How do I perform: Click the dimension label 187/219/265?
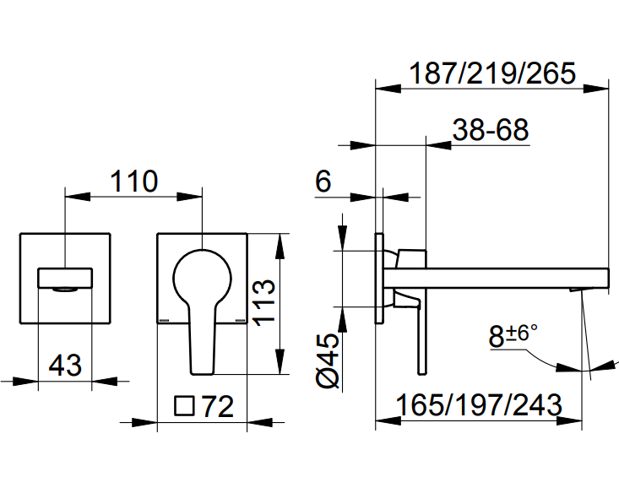491,73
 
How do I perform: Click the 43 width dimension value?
65,366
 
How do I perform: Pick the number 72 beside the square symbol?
216,407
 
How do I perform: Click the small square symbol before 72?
183,407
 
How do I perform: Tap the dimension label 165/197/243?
479,405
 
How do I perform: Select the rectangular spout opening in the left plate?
65,278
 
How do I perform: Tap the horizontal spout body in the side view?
498,278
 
